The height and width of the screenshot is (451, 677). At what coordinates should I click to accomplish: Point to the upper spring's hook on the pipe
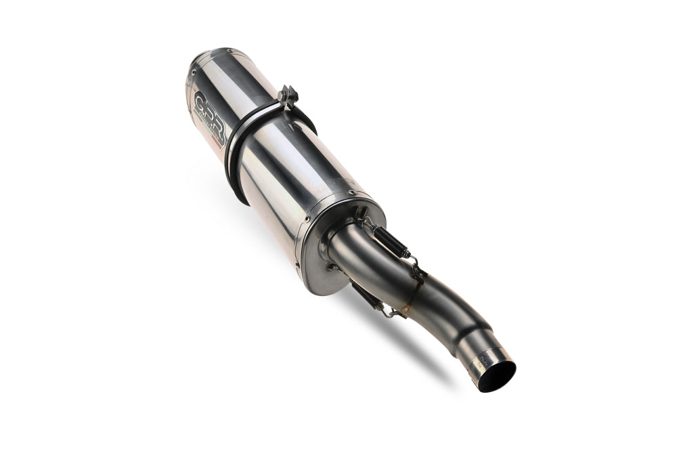(x=415, y=266)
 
